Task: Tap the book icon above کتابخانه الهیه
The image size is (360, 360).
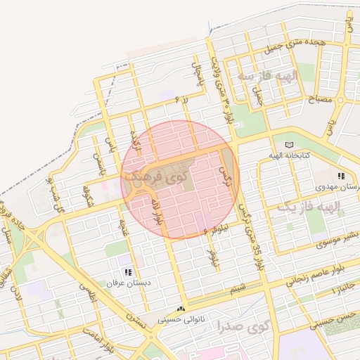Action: coord(291,143)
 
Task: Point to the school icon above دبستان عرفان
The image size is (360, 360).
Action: coord(127,272)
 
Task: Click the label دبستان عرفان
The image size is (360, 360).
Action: coord(124,283)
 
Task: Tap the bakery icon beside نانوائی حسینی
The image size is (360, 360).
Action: coord(181,309)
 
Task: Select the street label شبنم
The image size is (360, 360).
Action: coord(239,288)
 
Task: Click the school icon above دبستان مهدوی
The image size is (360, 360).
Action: coord(341,176)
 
